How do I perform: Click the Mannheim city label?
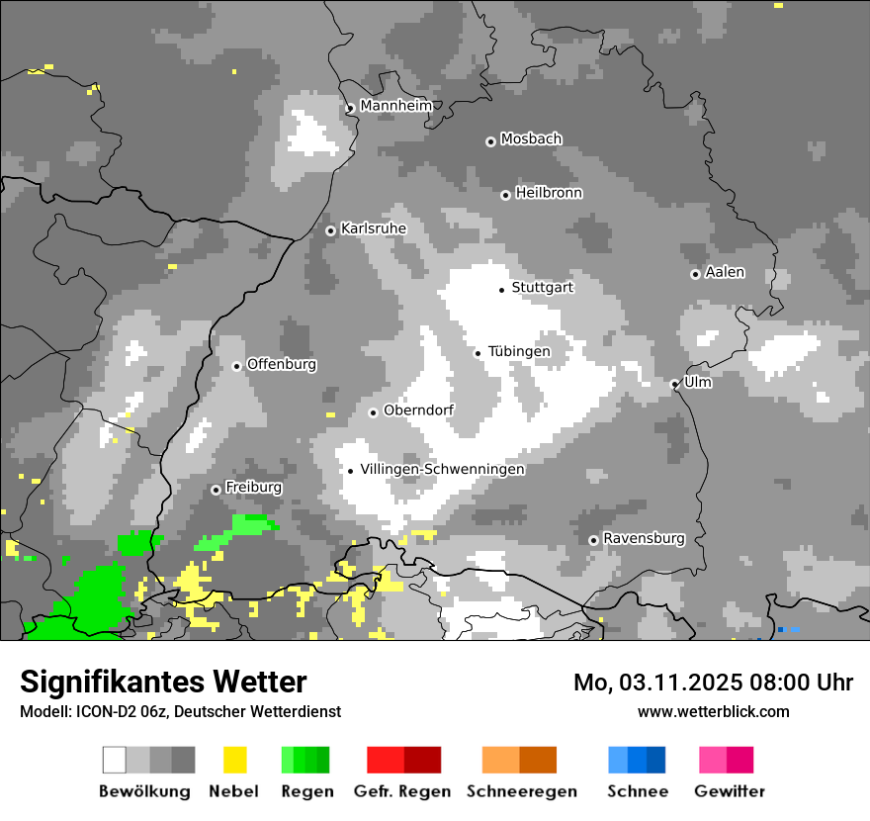tap(396, 106)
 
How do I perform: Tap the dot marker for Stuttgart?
tap(502, 289)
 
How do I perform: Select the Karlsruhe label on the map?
tap(374, 228)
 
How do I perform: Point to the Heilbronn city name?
tap(549, 193)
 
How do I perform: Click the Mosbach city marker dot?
tap(490, 141)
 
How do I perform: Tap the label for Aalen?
tap(725, 272)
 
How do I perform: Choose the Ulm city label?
tap(698, 382)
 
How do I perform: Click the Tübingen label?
tap(519, 351)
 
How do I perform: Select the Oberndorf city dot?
tap(373, 412)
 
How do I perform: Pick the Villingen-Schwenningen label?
tap(442, 469)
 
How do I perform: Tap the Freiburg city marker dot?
tap(216, 490)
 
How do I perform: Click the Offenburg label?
tap(282, 364)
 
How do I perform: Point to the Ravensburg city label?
tap(644, 538)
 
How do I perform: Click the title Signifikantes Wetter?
tap(163, 682)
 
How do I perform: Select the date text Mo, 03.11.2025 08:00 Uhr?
tap(713, 683)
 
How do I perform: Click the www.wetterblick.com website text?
tap(713, 711)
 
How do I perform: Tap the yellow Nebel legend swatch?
tap(234, 760)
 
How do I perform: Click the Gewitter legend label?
tap(729, 791)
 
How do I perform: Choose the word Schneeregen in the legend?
tap(521, 791)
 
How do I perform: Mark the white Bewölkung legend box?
tap(115, 760)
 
